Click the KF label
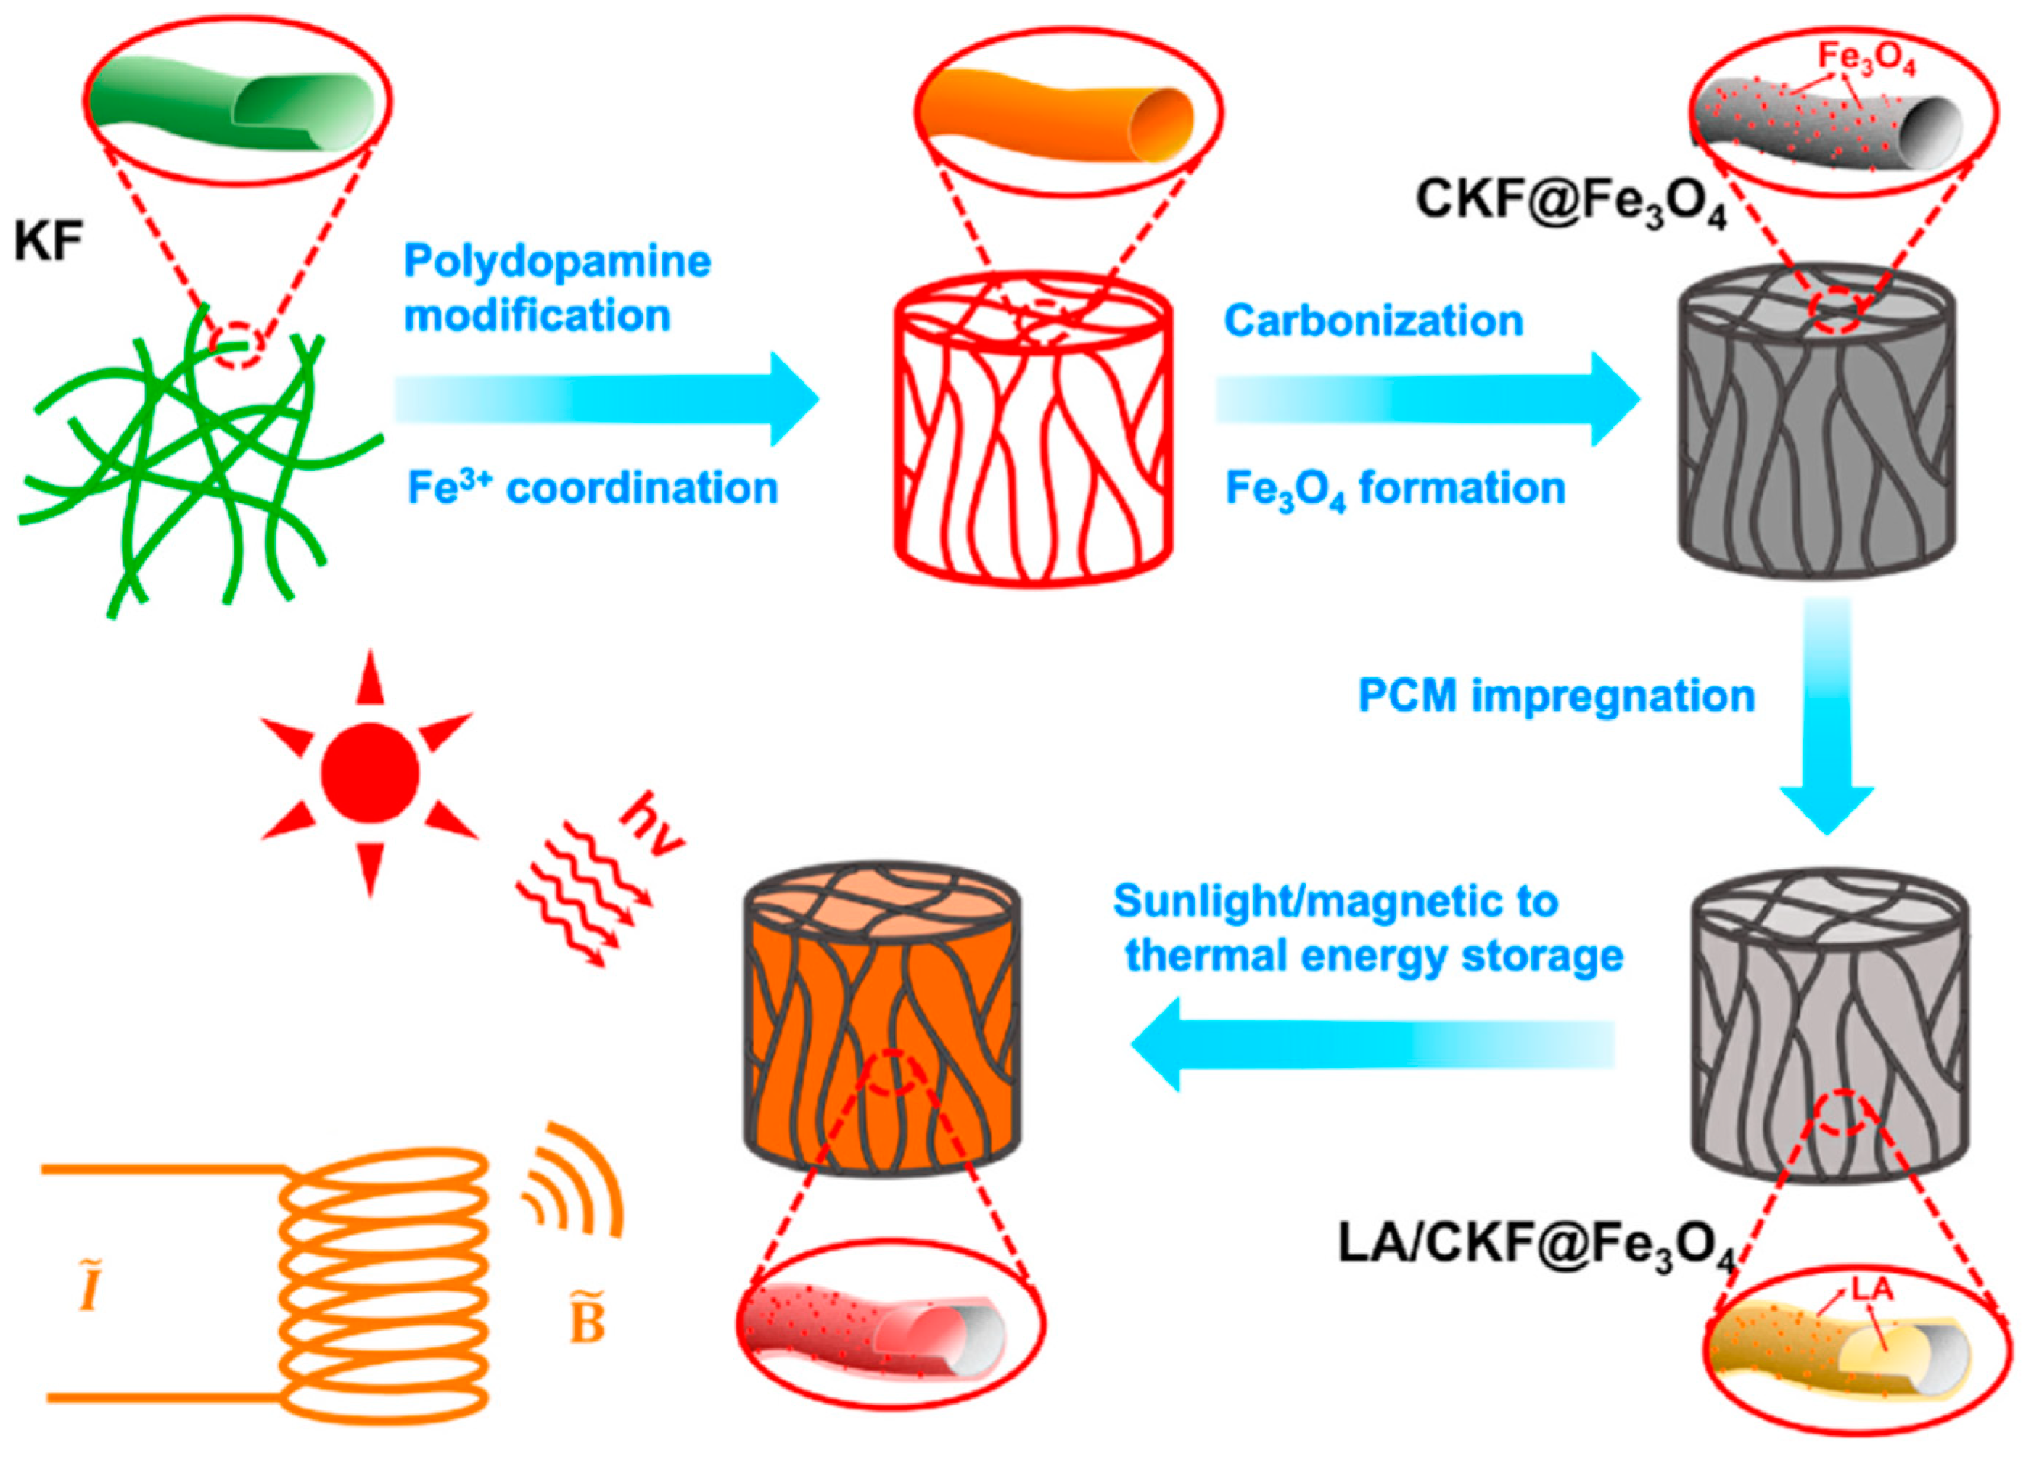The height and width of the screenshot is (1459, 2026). [49, 242]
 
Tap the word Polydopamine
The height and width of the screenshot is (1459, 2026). [557, 263]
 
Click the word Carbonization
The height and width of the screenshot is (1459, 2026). [1373, 321]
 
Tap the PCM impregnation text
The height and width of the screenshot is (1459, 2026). [1556, 696]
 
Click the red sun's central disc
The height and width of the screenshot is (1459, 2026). [369, 772]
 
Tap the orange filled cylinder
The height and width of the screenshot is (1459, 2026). [881, 1018]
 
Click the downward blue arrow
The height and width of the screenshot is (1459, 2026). [1827, 714]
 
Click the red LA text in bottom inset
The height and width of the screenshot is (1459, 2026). [1871, 1289]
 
